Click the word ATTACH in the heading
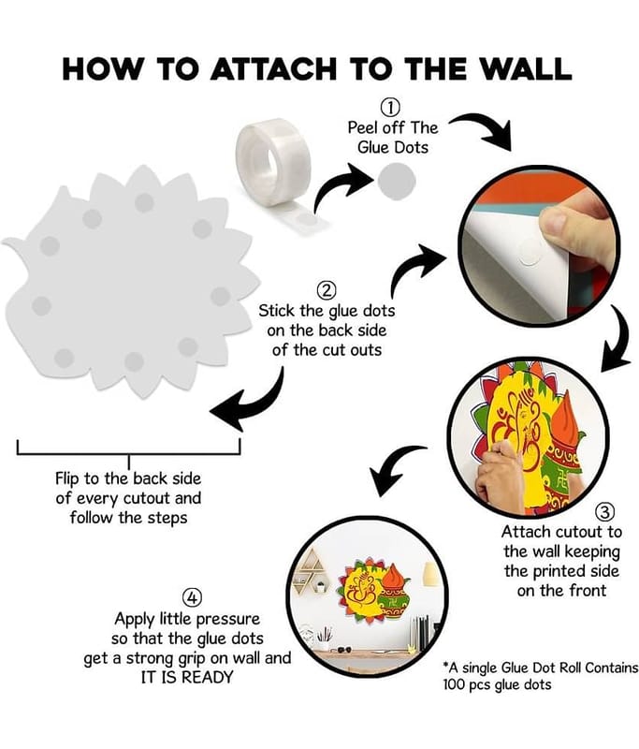[273, 68]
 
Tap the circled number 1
[391, 108]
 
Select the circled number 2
[327, 290]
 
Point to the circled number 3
[604, 512]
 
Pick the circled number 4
[192, 597]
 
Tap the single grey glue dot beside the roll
[396, 182]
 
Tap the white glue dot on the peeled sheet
[530, 253]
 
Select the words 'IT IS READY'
[187, 677]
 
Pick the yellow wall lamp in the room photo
[431, 574]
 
